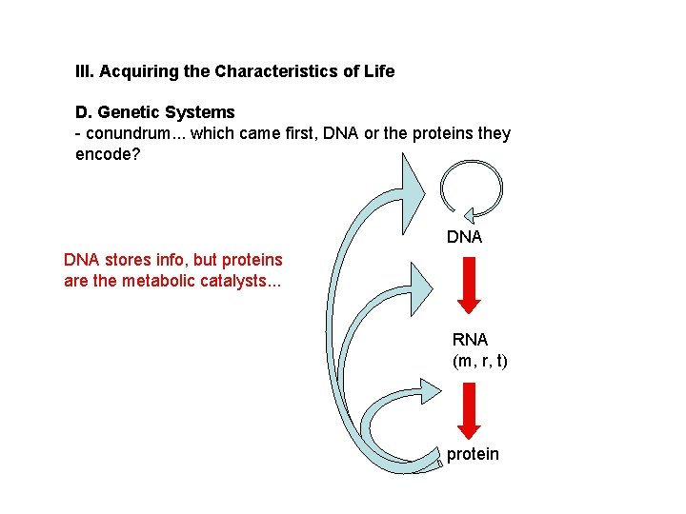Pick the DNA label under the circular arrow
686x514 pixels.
tap(465, 237)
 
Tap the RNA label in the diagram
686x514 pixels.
tap(470, 340)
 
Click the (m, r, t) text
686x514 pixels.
tap(480, 361)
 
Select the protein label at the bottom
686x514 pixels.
tap(473, 454)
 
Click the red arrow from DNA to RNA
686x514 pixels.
tap(469, 285)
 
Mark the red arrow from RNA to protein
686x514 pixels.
tap(469, 409)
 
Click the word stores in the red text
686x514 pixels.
tap(124, 260)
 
